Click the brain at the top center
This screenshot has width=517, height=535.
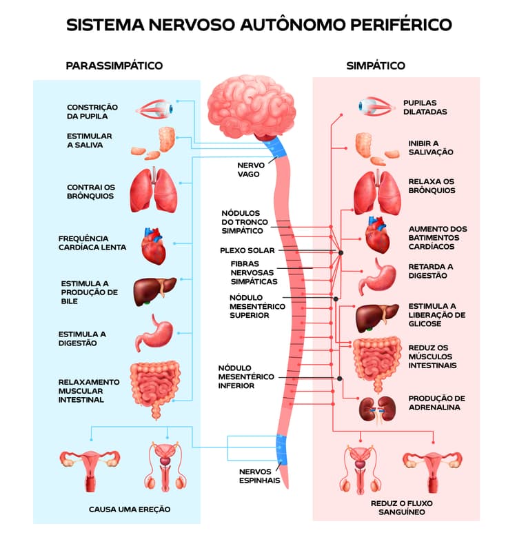pyautogui.click(x=251, y=108)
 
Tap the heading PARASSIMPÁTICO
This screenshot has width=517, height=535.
pyautogui.click(x=114, y=65)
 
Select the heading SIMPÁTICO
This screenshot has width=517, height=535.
pyautogui.click(x=376, y=65)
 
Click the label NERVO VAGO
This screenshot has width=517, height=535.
pyautogui.click(x=251, y=170)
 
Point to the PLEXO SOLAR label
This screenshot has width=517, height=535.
pyautogui.click(x=247, y=250)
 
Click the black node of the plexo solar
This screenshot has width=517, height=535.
pyautogui.click(x=341, y=252)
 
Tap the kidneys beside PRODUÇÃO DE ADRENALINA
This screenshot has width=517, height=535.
pyautogui.click(x=378, y=409)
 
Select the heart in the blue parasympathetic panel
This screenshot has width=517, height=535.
pyautogui.click(x=154, y=246)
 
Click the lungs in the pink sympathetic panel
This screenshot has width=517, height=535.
pyautogui.click(x=378, y=193)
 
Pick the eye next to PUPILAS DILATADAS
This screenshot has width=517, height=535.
pyautogui.click(x=376, y=106)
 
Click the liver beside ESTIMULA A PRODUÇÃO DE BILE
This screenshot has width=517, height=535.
pyautogui.click(x=154, y=292)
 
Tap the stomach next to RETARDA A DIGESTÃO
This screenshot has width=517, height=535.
pyautogui.click(x=378, y=277)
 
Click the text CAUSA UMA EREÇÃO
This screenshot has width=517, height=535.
pyautogui.click(x=130, y=509)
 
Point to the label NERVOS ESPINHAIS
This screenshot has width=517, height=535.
pyautogui.click(x=259, y=476)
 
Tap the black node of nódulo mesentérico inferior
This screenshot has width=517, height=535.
pyautogui.click(x=340, y=378)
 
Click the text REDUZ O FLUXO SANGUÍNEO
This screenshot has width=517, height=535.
pyautogui.click(x=402, y=507)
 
